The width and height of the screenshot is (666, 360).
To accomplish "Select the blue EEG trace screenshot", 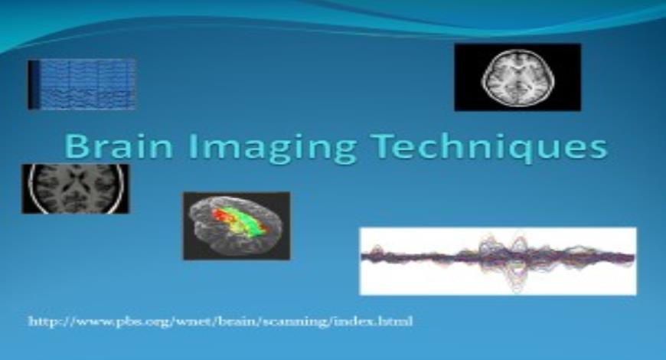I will (x=82, y=84).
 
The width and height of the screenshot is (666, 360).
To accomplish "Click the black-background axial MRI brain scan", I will (x=517, y=77).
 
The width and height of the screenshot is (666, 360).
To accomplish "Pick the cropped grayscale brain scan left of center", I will (x=75, y=188).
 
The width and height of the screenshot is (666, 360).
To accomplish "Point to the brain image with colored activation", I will (x=236, y=225).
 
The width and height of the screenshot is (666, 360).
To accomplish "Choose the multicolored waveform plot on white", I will (x=498, y=260).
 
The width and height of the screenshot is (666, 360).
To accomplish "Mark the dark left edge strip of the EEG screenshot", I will (x=33, y=84).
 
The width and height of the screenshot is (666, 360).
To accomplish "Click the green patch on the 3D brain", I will (x=246, y=227).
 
